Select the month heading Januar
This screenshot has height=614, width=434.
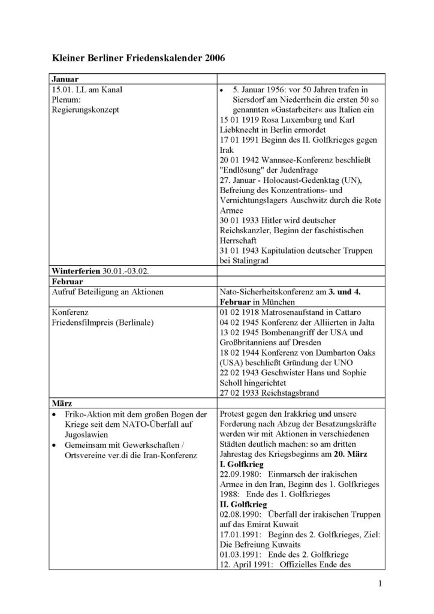[64, 79]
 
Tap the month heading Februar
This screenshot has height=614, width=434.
[66, 281]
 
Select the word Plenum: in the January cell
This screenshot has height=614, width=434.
[66, 100]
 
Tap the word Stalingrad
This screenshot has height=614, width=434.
[255, 261]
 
